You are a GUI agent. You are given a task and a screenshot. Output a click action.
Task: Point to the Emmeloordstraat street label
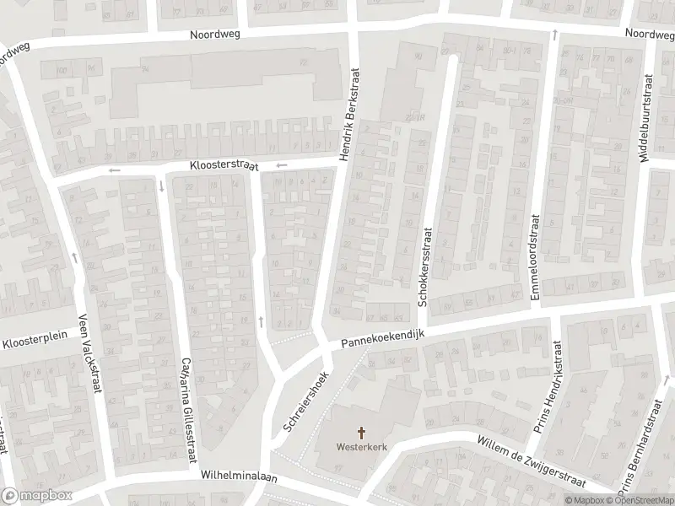point(534,256)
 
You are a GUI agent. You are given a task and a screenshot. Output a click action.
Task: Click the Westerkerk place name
point(363,447)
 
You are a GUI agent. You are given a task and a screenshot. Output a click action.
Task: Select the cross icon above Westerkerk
point(363,433)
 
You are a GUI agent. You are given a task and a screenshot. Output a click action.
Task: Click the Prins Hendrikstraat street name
point(548,388)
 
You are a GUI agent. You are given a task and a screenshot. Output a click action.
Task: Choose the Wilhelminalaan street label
point(239,475)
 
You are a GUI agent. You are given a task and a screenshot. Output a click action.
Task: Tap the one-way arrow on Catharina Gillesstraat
point(161,186)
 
